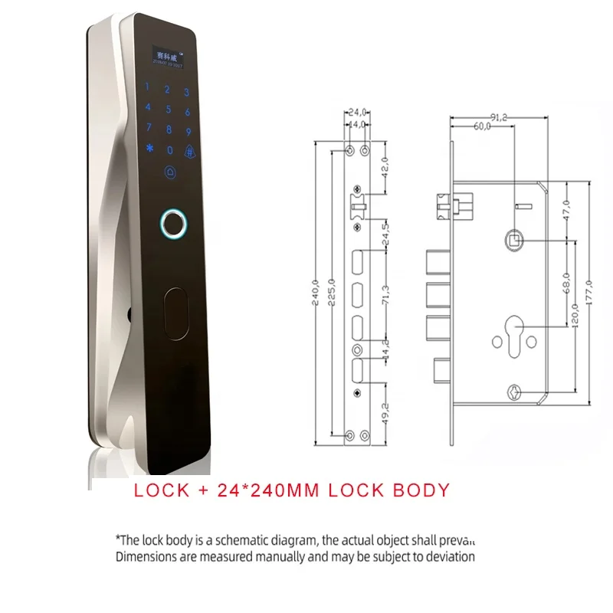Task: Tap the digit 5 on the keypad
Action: [x=168, y=109]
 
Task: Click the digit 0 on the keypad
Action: [x=170, y=151]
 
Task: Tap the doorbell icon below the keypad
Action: [x=169, y=172]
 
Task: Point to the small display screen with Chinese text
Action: [x=167, y=57]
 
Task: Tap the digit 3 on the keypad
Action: [x=186, y=92]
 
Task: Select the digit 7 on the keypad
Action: [x=149, y=127]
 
